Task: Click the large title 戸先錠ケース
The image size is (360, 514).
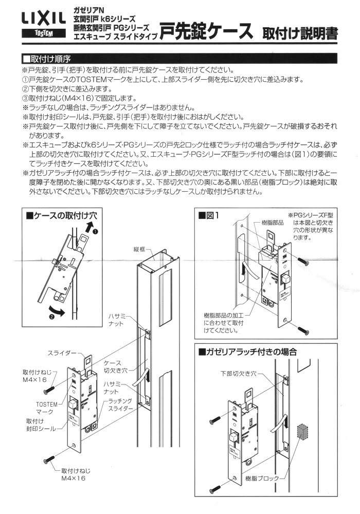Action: click(205, 31)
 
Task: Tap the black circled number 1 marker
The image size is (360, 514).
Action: click(95, 231)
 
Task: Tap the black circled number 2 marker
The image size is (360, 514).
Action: click(52, 317)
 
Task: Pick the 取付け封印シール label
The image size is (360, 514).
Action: click(41, 424)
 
